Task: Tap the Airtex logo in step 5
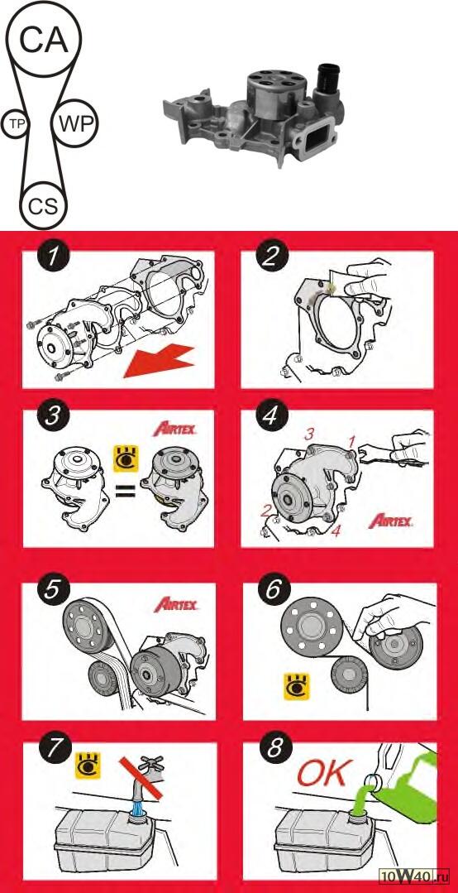176,604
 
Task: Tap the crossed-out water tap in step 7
141,781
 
